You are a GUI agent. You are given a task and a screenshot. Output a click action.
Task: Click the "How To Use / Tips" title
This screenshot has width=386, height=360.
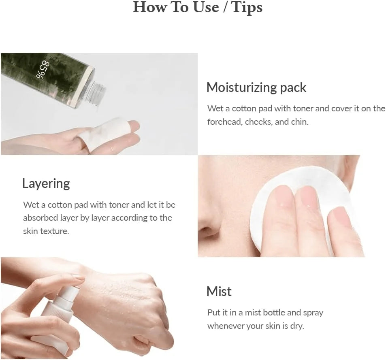(198, 7)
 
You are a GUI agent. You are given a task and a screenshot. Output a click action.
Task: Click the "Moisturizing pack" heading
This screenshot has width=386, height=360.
(256, 87)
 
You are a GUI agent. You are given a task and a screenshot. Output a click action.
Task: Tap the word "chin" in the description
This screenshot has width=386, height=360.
(299, 122)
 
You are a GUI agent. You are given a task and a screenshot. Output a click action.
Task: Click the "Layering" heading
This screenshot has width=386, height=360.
(46, 183)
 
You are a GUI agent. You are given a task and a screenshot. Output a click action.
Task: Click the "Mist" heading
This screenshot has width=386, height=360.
(219, 292)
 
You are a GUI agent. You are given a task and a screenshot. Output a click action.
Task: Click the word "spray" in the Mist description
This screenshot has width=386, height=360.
(313, 313)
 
